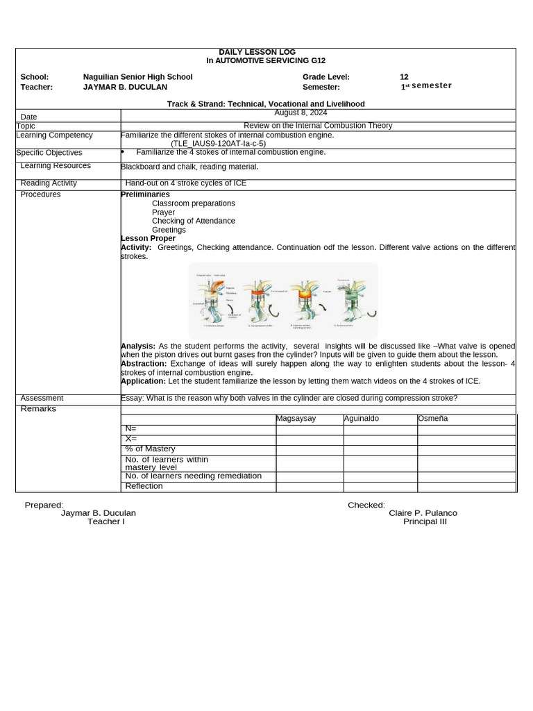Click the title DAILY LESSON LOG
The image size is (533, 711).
pyautogui.click(x=257, y=52)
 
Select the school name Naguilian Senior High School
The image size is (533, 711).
pyautogui.click(x=137, y=77)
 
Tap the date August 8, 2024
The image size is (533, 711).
pyautogui.click(x=301, y=112)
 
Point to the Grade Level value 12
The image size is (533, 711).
pyautogui.click(x=404, y=77)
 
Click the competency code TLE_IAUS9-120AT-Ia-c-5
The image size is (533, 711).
pyautogui.click(x=218, y=144)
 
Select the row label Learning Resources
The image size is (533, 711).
pyautogui.click(x=56, y=166)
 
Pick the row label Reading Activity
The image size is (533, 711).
pyautogui.click(x=49, y=183)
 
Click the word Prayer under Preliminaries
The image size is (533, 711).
pyautogui.click(x=164, y=212)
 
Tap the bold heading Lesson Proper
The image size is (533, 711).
pyautogui.click(x=149, y=238)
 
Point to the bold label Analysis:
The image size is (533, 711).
pyautogui.click(x=138, y=346)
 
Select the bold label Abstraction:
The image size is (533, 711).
pyautogui.click(x=144, y=363)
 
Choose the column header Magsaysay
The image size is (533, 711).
pyautogui.click(x=296, y=419)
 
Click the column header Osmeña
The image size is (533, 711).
pyautogui.click(x=432, y=419)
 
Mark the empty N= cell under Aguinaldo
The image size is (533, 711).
pyautogui.click(x=380, y=429)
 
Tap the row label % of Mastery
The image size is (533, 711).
pyautogui.click(x=150, y=449)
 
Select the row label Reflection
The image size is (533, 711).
pyautogui.click(x=144, y=486)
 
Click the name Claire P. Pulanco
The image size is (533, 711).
pyautogui.click(x=423, y=513)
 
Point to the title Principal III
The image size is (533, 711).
pyautogui.click(x=425, y=521)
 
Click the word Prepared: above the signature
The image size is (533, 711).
pyautogui.click(x=44, y=505)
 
